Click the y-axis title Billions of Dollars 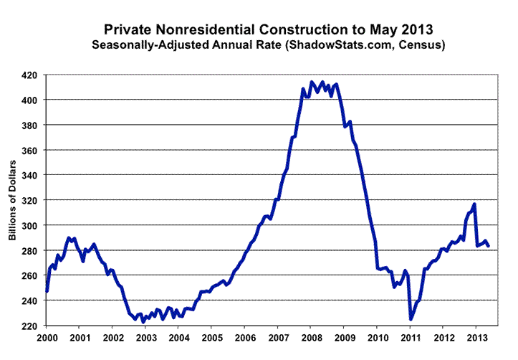click(13, 200)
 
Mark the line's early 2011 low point click(411, 319)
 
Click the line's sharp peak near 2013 click(474, 204)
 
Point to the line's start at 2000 click(47, 291)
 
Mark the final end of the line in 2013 click(489, 246)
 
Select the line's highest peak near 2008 click(312, 82)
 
